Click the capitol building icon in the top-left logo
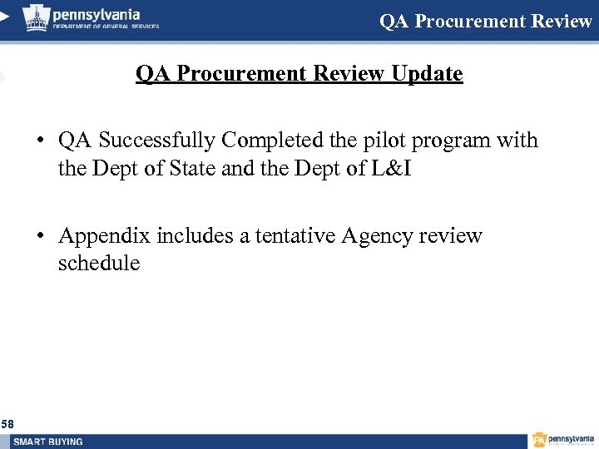pyautogui.click(x=36, y=16)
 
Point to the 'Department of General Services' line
pyautogui.click(x=106, y=26)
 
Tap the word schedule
pyautogui.click(x=99, y=264)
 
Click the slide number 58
pyautogui.click(x=7, y=425)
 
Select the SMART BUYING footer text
pyautogui.click(x=48, y=442)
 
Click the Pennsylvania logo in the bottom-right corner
pyautogui.click(x=563, y=440)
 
